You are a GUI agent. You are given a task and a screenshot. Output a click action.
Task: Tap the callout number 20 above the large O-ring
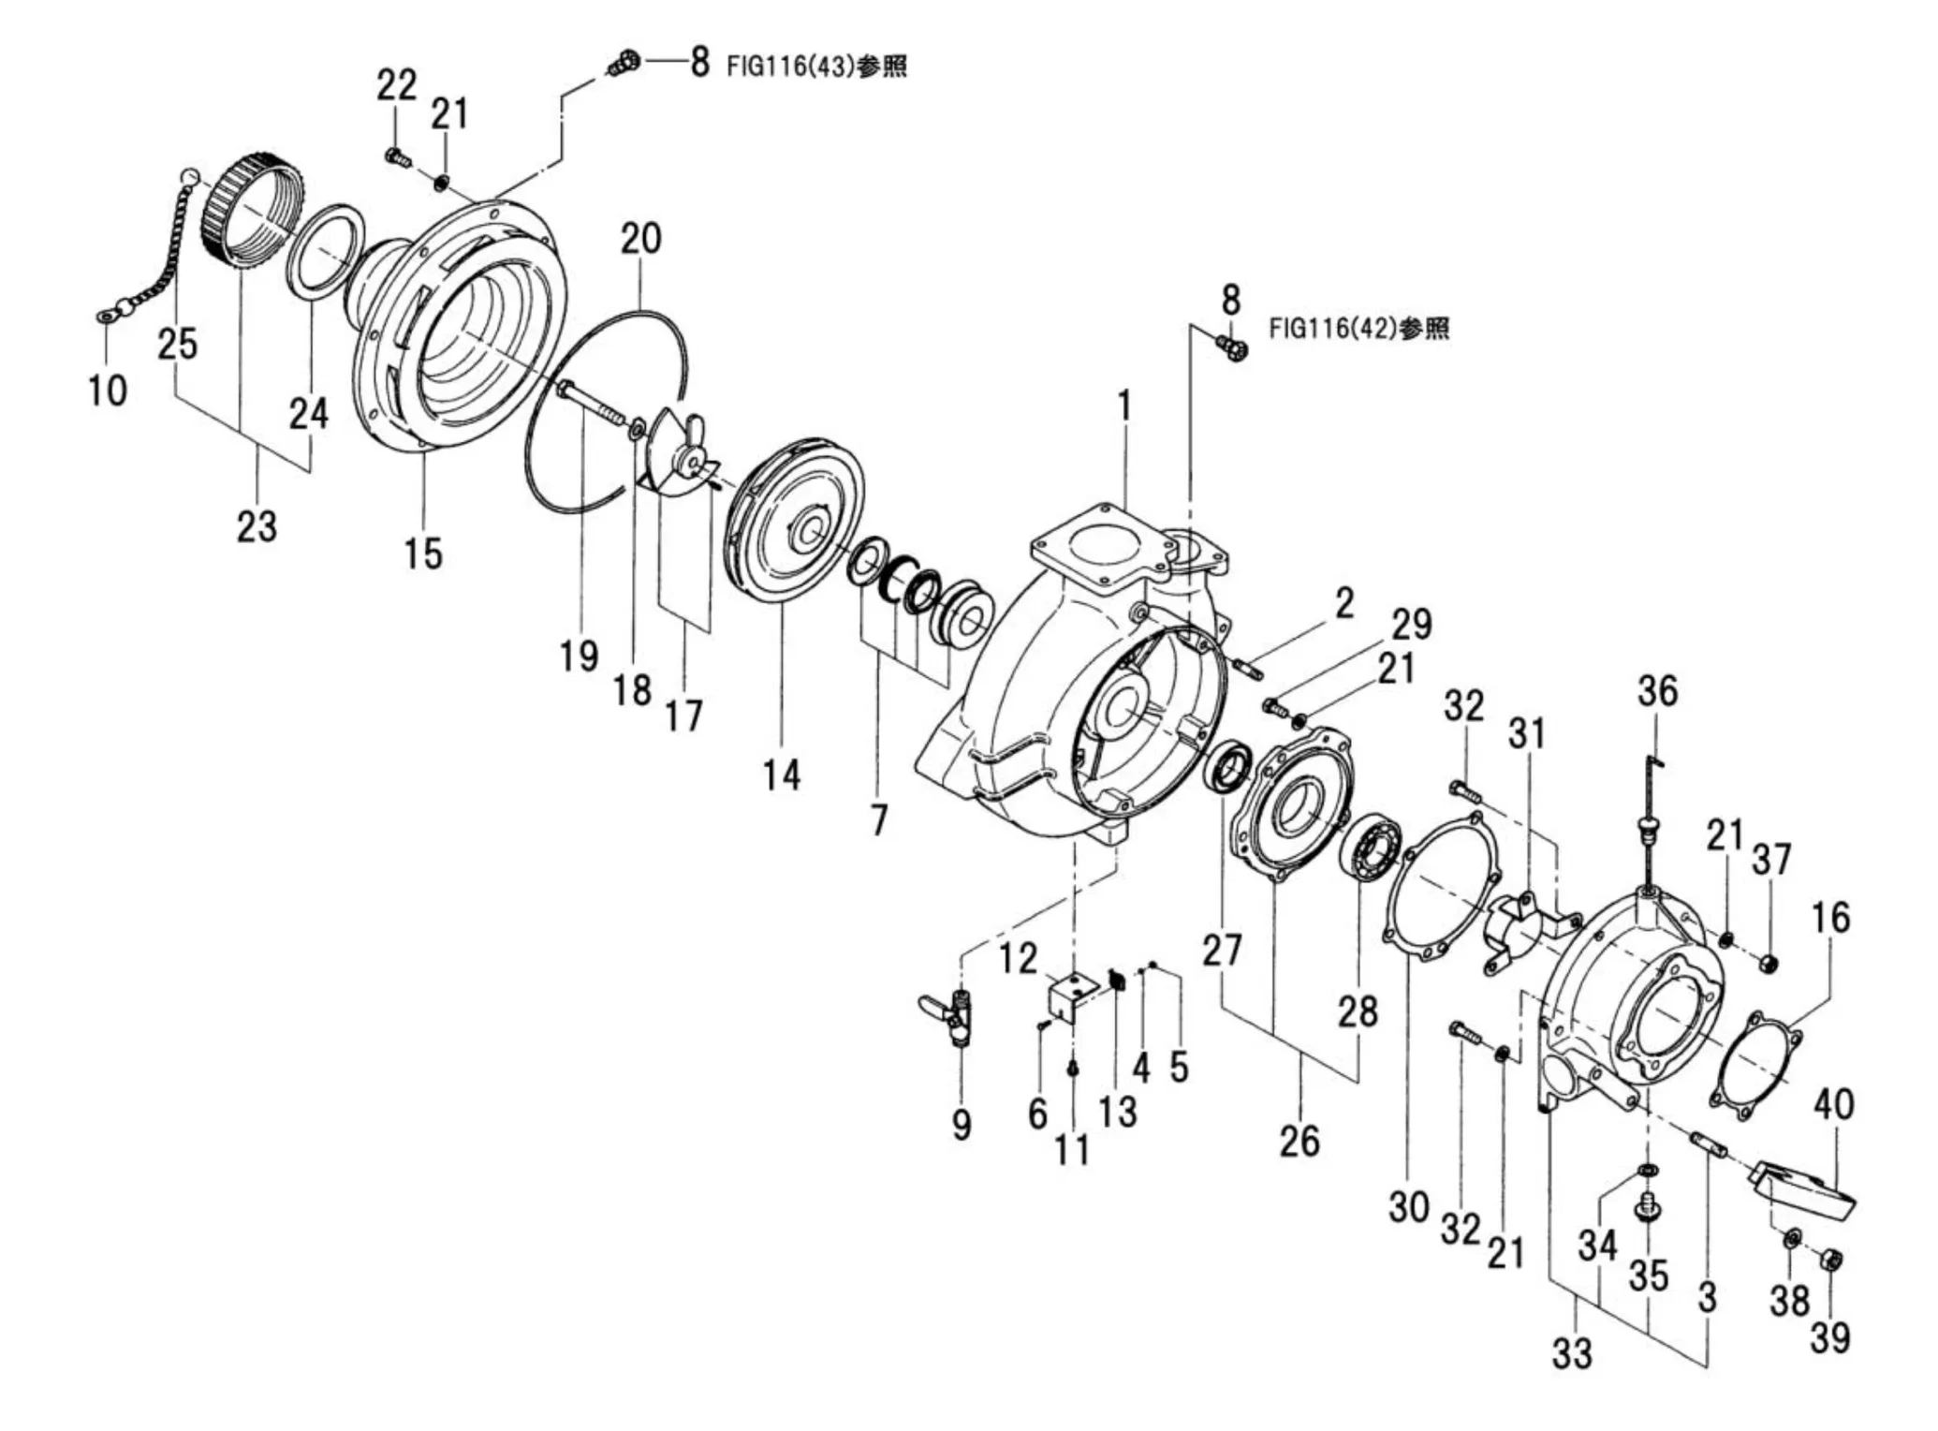pyautogui.click(x=640, y=240)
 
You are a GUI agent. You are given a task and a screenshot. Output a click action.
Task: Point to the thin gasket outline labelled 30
pyautogui.click(x=1437, y=885)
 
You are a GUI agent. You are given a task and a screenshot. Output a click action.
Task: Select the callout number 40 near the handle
pyautogui.click(x=1833, y=1104)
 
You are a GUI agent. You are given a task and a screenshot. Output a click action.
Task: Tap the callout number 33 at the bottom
pyautogui.click(x=1571, y=1353)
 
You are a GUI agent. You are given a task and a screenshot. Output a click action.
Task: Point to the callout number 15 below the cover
pyautogui.click(x=422, y=553)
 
